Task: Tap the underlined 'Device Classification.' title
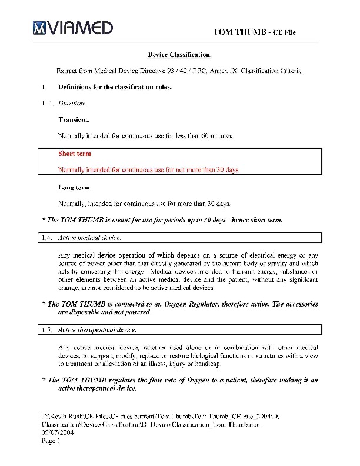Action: coord(179,55)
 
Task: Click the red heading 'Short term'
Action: coord(75,154)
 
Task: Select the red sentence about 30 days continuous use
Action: coord(149,170)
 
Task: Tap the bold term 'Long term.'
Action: coord(75,188)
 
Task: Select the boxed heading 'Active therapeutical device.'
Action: coord(97,330)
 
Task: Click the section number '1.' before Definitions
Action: coord(44,88)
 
